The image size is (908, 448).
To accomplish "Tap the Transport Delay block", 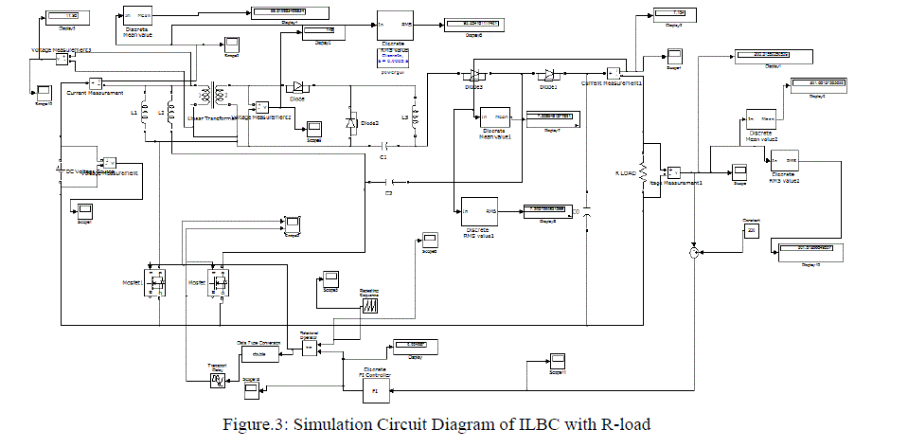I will click(x=218, y=380).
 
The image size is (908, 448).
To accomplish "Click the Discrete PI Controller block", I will click(x=375, y=389).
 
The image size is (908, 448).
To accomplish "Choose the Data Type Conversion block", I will click(x=260, y=353).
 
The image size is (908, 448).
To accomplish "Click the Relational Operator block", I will click(x=310, y=349).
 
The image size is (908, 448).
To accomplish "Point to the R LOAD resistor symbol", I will click(x=644, y=172).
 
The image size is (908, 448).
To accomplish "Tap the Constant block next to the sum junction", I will click(x=752, y=233).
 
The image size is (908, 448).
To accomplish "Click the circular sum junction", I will click(x=694, y=252).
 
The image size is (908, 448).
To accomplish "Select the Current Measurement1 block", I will click(x=614, y=73).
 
